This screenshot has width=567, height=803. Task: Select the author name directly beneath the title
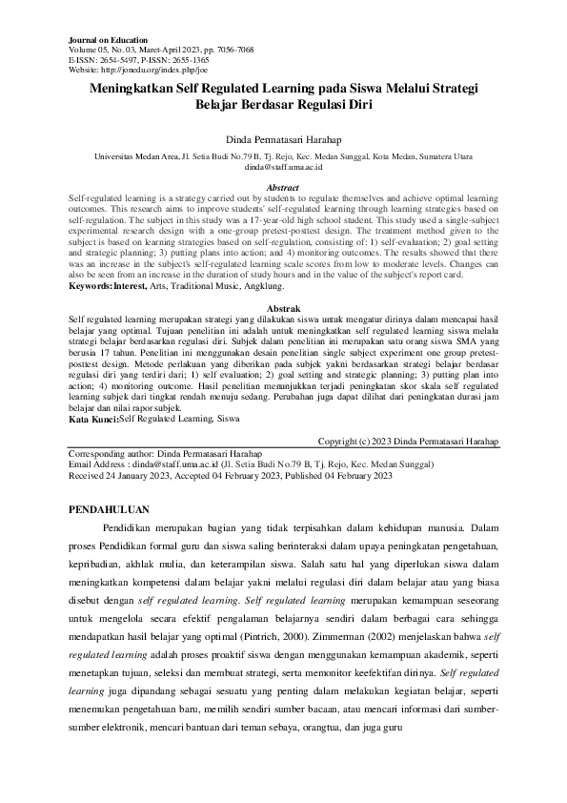click(283, 140)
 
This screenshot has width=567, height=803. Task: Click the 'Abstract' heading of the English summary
click(283, 188)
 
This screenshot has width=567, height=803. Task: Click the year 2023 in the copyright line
click(383, 442)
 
